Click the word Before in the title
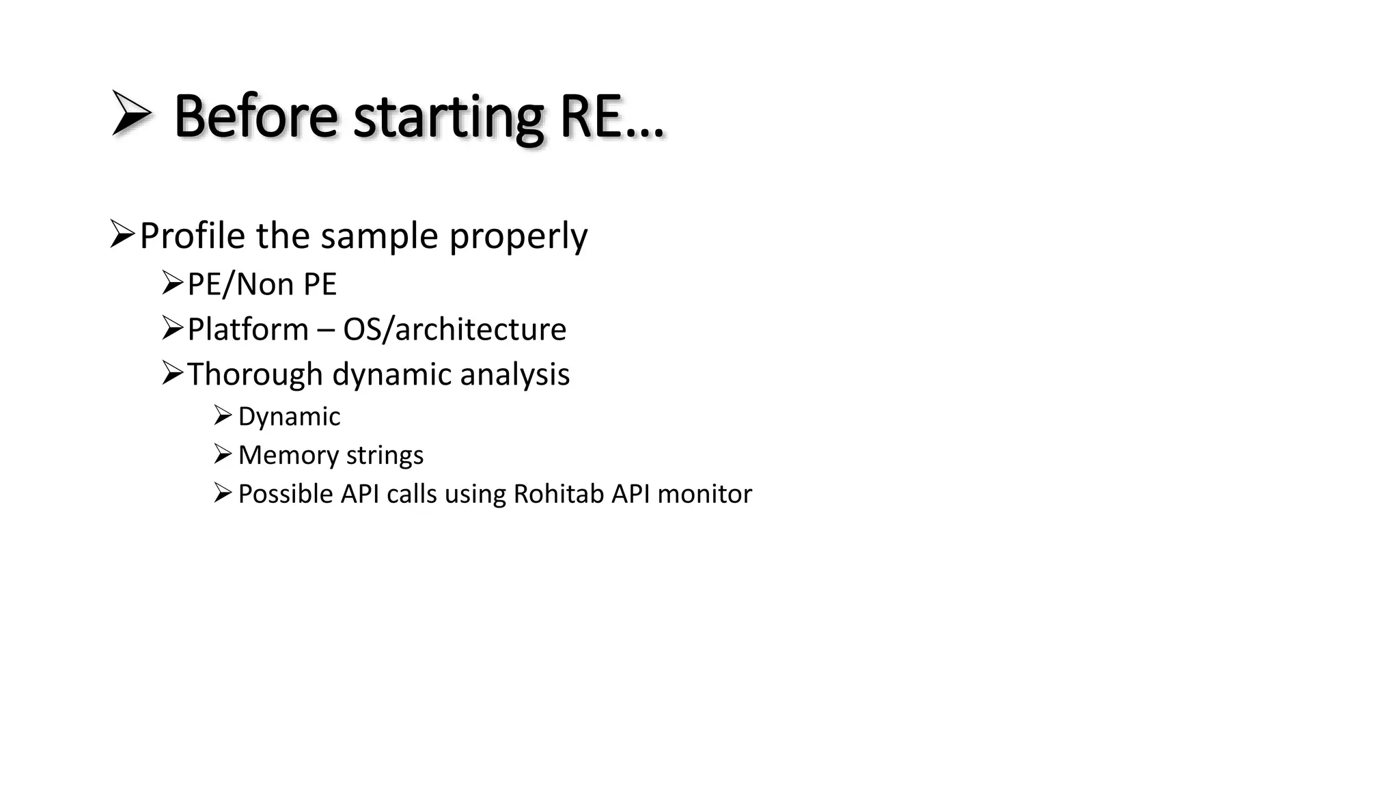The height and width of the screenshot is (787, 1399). pyautogui.click(x=255, y=116)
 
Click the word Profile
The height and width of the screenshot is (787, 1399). pyautogui.click(x=192, y=236)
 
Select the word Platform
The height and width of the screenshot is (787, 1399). pyautogui.click(x=247, y=329)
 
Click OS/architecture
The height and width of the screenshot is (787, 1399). pyautogui.click(x=454, y=329)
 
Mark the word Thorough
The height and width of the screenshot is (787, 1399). pyautogui.click(x=255, y=374)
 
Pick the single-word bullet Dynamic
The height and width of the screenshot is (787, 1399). pyautogui.click(x=289, y=417)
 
